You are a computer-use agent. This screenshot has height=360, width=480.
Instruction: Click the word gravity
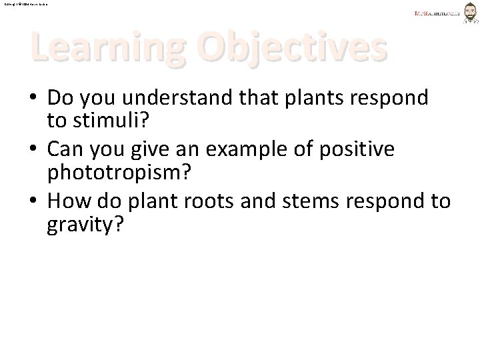pos(85,224)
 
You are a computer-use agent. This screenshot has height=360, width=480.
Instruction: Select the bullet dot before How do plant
pos(34,201)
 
